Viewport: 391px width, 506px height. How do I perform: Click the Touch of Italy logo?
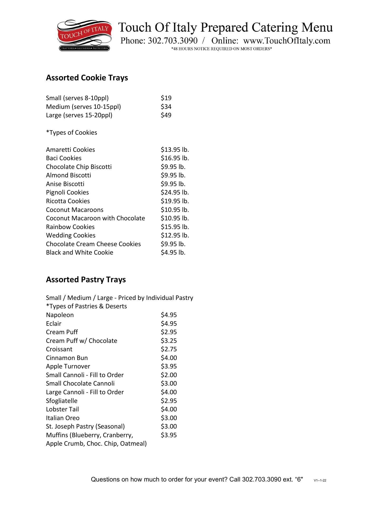tap(84, 35)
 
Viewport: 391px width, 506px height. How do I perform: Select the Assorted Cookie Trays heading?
tap(87, 78)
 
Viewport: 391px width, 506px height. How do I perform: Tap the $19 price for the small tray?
tap(166, 98)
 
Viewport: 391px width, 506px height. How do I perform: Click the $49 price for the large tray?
tap(166, 115)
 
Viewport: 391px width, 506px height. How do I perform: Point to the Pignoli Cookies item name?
tap(67, 192)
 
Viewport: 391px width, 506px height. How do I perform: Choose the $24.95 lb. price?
tap(175, 192)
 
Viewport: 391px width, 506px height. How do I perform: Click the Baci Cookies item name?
tap(64, 158)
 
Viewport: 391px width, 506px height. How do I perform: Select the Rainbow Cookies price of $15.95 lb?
tap(175, 227)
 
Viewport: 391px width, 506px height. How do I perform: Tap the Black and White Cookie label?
tap(80, 252)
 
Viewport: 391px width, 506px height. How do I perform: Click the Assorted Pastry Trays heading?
tap(86, 280)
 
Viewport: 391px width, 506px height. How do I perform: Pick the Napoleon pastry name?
tap(60, 315)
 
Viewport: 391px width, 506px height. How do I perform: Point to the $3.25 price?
tap(169, 341)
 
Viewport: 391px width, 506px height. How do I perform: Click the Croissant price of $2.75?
tap(169, 349)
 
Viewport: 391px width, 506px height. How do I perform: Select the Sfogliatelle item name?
tap(62, 401)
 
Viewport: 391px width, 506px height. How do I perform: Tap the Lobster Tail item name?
tap(62, 409)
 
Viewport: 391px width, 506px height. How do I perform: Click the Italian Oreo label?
tap(63, 418)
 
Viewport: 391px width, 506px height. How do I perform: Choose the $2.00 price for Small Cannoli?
tap(169, 375)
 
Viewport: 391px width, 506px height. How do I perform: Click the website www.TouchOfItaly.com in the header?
tap(287, 41)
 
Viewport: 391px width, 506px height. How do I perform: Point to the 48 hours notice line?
tap(222, 49)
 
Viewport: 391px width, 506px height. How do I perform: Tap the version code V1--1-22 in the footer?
tap(320, 480)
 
